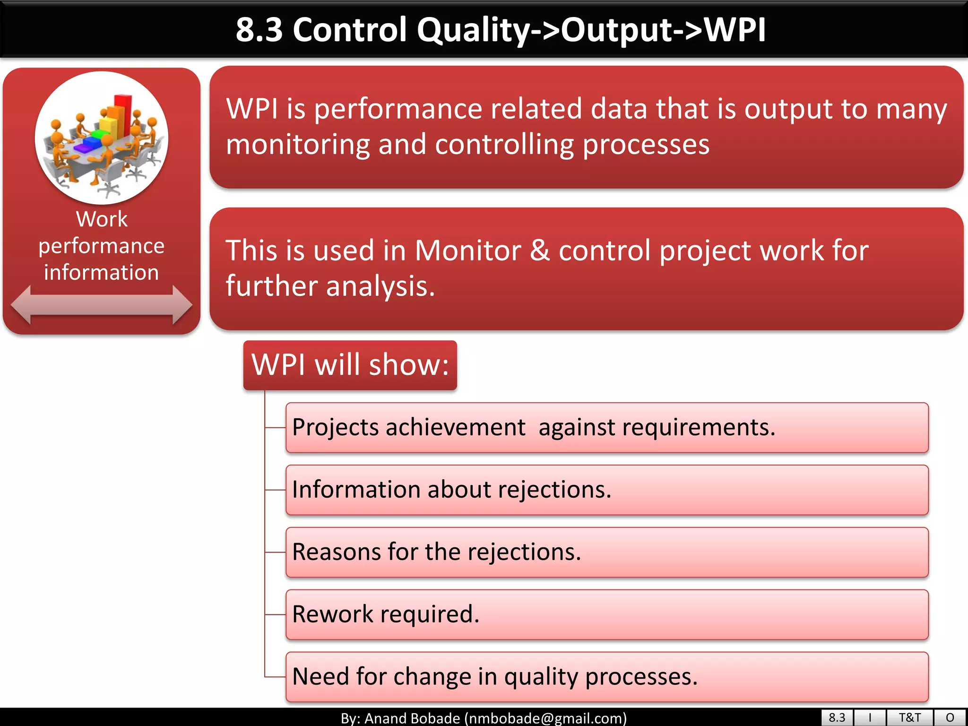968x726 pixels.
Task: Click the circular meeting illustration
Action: [101, 138]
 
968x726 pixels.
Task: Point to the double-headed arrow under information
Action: [101, 305]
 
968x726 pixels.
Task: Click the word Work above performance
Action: [102, 219]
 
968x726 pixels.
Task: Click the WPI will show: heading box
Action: [350, 365]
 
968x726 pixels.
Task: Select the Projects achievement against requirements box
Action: [607, 428]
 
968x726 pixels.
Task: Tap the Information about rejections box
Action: [607, 490]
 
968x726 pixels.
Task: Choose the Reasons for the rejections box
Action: [607, 553]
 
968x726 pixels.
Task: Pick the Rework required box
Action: [607, 614]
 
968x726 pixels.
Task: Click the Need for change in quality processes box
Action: [607, 677]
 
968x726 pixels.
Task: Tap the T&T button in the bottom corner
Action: [909, 718]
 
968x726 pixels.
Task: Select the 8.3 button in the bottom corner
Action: [837, 718]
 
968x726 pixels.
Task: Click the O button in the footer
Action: [950, 718]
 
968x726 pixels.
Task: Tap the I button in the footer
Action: [870, 718]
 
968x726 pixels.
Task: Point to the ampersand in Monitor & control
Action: [540, 251]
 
